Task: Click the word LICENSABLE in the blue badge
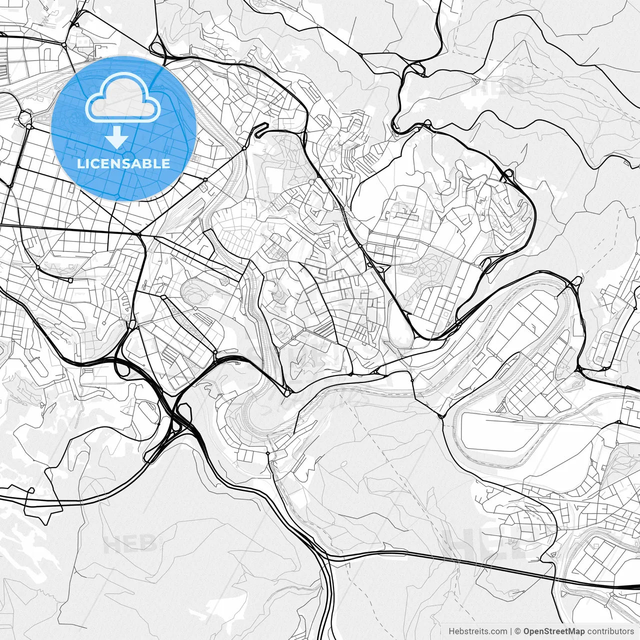point(123,163)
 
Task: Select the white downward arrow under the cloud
point(116,137)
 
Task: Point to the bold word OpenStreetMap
point(554,631)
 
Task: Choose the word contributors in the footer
point(610,631)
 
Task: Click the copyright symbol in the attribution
point(518,631)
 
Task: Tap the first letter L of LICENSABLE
point(80,163)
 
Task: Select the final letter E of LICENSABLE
point(166,163)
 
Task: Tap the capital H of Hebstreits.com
point(451,631)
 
